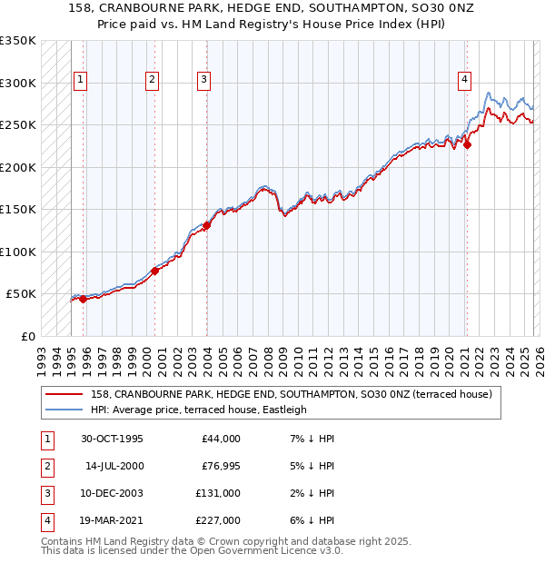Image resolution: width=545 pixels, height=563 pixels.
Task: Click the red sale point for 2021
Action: point(467,143)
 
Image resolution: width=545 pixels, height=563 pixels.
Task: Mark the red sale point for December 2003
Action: point(206,225)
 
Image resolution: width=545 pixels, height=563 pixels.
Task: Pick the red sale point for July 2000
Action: point(154,271)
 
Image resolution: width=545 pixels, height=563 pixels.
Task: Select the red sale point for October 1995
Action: point(84,299)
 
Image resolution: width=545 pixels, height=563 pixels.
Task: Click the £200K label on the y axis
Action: point(18,167)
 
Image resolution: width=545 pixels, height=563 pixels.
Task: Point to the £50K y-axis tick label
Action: point(21,294)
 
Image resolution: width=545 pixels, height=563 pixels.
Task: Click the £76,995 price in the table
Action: point(218,466)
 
